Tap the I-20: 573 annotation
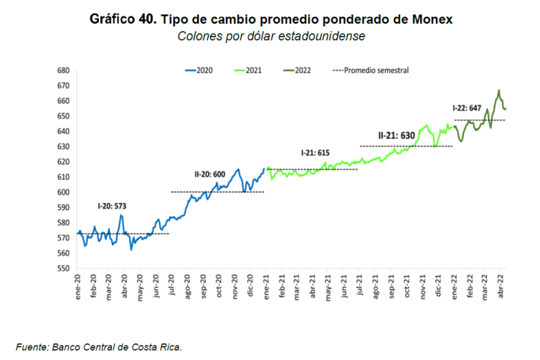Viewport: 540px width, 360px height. [112, 206]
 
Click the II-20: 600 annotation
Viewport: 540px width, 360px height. [209, 174]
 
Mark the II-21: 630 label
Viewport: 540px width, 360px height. [397, 135]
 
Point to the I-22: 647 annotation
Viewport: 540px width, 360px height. [468, 108]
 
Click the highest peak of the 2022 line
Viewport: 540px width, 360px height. [499, 91]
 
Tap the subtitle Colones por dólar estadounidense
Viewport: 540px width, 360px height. [271, 35]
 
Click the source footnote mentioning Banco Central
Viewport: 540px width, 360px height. [100, 347]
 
